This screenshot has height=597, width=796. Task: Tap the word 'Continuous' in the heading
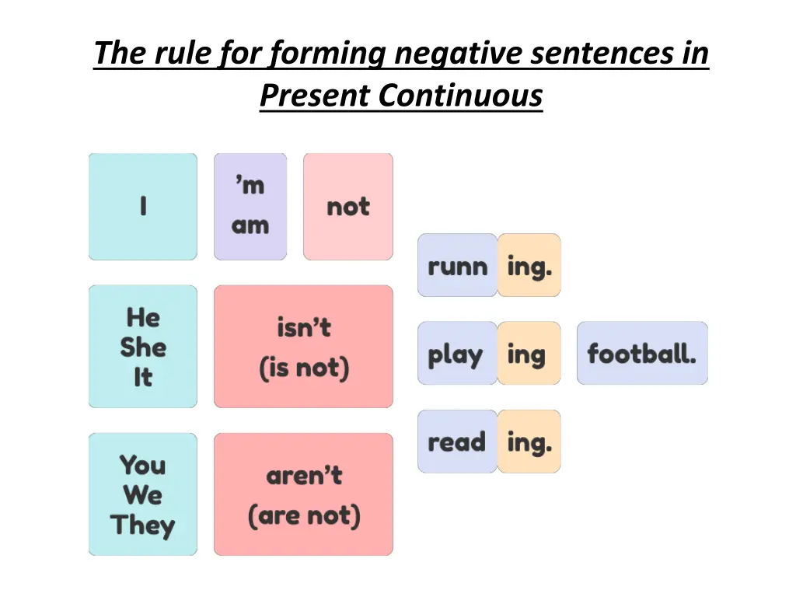click(x=460, y=96)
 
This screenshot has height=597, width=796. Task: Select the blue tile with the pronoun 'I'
click(x=143, y=206)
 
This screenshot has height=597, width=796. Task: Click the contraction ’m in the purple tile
click(x=250, y=185)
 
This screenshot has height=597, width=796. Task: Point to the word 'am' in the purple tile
click(x=250, y=226)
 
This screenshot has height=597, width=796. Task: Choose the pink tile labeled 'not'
click(x=347, y=207)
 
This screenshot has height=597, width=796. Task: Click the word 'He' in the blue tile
click(x=143, y=317)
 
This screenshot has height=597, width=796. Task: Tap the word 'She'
click(x=143, y=347)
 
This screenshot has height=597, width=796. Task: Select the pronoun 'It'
click(x=143, y=377)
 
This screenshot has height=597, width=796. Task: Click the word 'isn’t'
click(x=303, y=328)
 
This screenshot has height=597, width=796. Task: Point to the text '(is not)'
click(x=303, y=367)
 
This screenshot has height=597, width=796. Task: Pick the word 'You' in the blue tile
click(x=143, y=465)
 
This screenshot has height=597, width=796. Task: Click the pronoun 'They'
click(x=143, y=525)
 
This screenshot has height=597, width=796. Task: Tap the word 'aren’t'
click(x=303, y=476)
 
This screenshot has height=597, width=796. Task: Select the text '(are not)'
click(x=303, y=515)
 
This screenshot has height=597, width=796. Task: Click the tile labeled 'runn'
click(x=457, y=266)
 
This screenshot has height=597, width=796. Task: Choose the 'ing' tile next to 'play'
click(x=528, y=354)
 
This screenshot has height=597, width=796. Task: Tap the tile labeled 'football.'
click(x=642, y=354)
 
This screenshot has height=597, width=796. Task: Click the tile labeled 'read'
click(x=457, y=442)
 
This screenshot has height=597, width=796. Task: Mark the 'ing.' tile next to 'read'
click(x=529, y=442)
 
